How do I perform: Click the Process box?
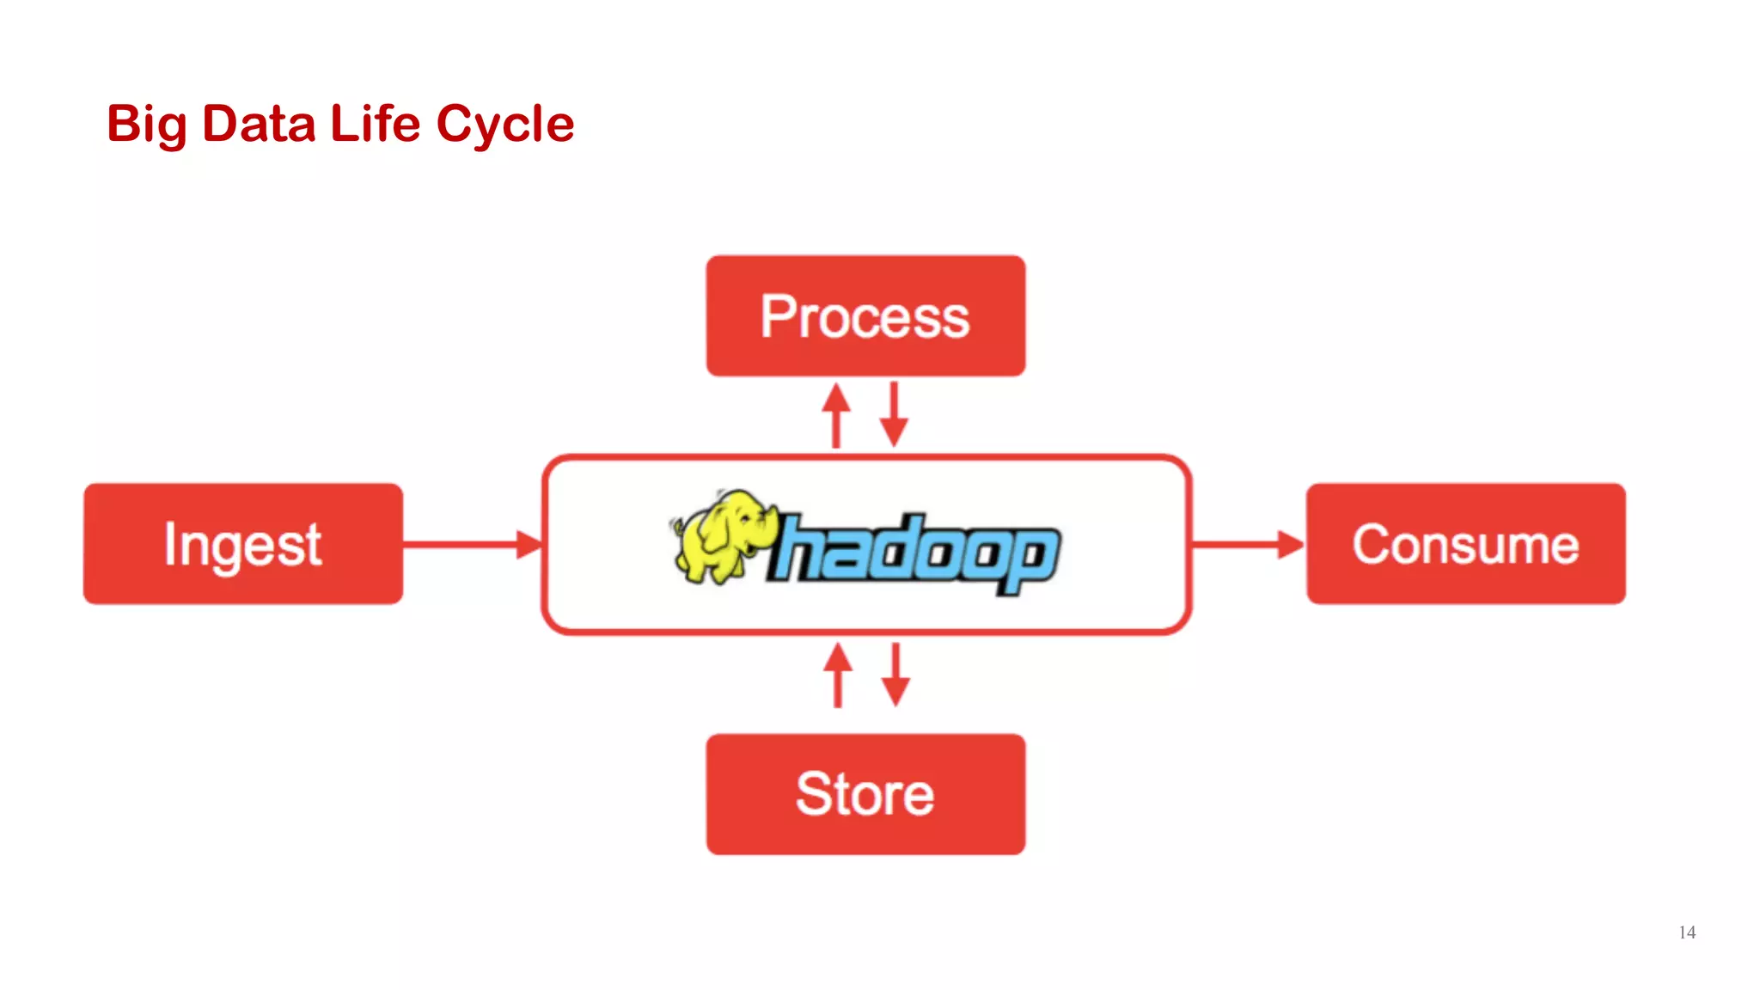(865, 315)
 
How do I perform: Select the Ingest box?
(243, 544)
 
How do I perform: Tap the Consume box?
(1465, 544)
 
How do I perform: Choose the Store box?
(865, 794)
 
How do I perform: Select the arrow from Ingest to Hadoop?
(473, 544)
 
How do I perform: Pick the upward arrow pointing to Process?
(835, 415)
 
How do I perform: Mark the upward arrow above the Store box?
(838, 675)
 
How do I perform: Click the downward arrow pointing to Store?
(895, 675)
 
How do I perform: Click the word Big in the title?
(146, 125)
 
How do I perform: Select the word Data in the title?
(259, 125)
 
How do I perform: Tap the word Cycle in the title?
(504, 125)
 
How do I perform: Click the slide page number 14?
(1686, 932)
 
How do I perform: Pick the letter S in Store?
(813, 794)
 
